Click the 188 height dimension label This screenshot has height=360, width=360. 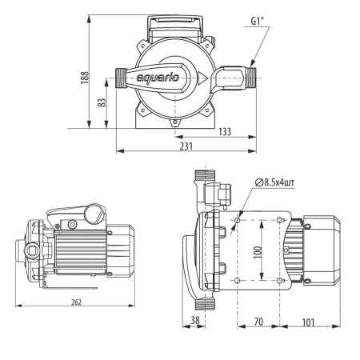click(x=85, y=78)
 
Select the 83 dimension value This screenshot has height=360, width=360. click(x=102, y=102)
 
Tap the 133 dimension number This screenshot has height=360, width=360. click(x=225, y=132)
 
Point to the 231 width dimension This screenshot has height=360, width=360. click(x=186, y=146)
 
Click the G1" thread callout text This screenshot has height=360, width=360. click(x=258, y=21)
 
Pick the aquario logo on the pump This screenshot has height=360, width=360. click(x=158, y=78)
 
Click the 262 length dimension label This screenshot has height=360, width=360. click(x=76, y=302)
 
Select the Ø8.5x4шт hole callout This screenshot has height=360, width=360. click(x=274, y=182)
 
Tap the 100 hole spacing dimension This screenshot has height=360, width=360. click(x=258, y=252)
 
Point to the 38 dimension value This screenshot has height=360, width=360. click(x=195, y=320)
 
